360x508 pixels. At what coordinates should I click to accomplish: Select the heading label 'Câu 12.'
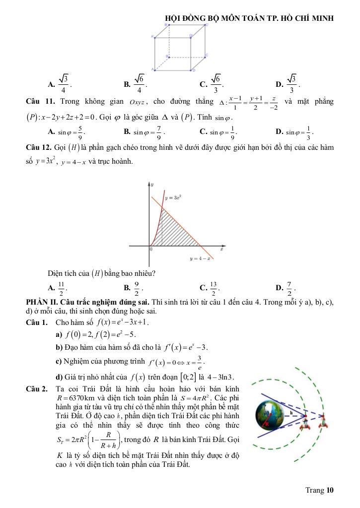tap(39, 147)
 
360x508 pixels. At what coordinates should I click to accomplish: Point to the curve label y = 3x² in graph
tap(173, 197)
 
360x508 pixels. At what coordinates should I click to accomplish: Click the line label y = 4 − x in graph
tap(201, 258)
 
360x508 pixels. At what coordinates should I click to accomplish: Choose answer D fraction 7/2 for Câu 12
tap(290, 287)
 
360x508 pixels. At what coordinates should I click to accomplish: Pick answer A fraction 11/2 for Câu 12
tap(62, 287)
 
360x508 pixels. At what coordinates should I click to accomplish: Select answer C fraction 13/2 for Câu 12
tap(215, 287)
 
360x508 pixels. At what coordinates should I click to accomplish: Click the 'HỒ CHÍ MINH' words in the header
tap(311, 18)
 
